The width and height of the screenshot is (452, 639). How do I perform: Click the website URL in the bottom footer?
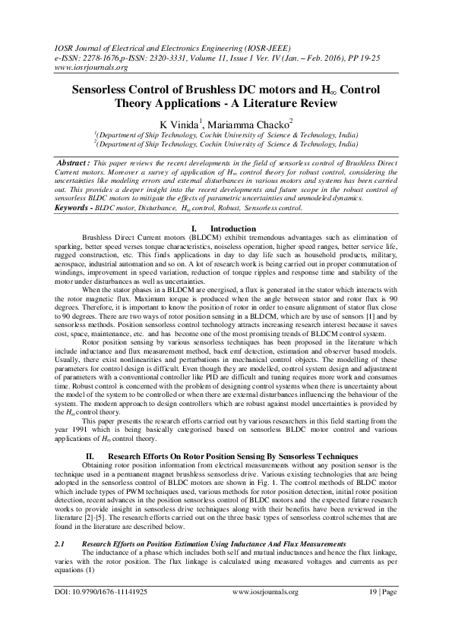click(x=264, y=613)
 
